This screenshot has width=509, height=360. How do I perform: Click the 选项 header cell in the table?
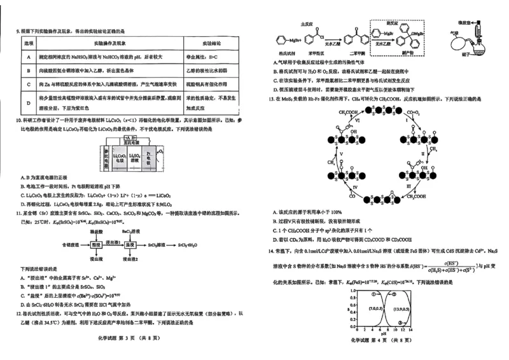[28, 42]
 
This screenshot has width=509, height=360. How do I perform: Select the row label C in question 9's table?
[28, 84]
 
